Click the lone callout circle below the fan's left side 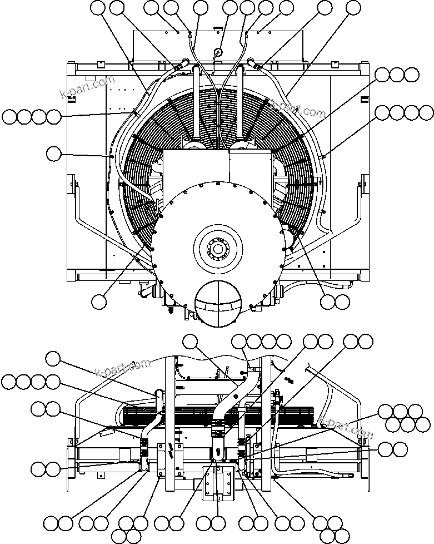tap(98, 301)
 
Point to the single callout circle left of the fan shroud tap(53, 154)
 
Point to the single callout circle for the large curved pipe tap(190, 342)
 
